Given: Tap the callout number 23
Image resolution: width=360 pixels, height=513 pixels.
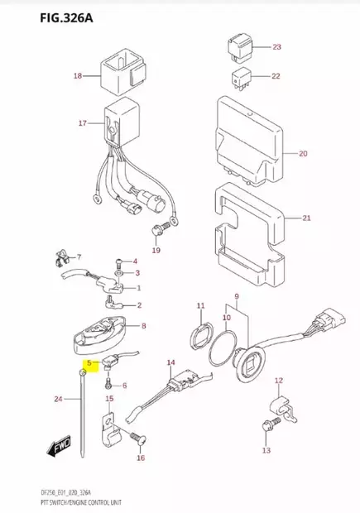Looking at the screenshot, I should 276,46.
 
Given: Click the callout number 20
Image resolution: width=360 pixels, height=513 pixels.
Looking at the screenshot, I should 303,154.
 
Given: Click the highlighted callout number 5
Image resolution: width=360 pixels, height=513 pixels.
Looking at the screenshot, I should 89,363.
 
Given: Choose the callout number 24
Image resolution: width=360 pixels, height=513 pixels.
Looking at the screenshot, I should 58,400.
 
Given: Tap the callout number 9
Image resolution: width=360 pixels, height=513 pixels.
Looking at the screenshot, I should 237,296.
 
